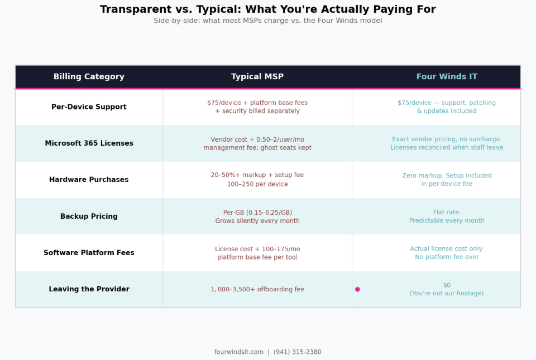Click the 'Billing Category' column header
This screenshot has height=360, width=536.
89,77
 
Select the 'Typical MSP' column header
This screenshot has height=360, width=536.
257,77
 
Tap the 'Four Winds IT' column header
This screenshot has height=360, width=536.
447,77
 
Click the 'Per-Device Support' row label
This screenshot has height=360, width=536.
89,107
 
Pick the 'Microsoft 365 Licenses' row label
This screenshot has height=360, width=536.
89,143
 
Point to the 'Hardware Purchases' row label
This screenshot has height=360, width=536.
89,180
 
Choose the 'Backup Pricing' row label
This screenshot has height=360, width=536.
89,217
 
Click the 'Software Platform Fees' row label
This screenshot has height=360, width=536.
89,253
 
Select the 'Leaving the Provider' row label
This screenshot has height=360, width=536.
89,289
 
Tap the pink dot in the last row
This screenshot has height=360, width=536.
357,289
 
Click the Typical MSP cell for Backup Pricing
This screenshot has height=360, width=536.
257,217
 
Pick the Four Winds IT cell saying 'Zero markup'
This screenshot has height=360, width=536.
447,180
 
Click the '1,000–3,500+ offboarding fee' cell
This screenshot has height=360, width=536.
257,289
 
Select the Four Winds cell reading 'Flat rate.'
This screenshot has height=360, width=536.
447,217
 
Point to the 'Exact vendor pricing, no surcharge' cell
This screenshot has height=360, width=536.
447,143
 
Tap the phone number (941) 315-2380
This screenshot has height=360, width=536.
297,352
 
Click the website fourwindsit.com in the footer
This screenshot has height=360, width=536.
238,352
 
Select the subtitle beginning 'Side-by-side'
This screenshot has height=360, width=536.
268,21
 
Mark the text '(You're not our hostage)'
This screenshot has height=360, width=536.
447,294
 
